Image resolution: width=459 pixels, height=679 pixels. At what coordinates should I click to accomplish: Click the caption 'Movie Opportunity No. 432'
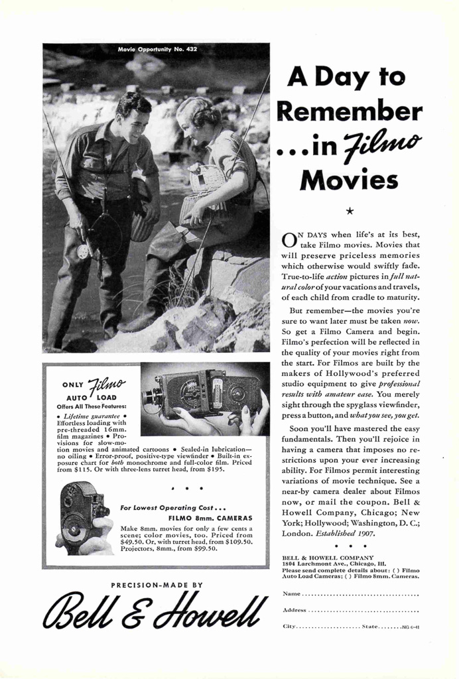(157, 50)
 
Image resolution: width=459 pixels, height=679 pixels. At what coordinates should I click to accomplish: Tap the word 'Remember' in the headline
(349, 111)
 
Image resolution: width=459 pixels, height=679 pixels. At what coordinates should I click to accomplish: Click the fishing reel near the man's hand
(84, 251)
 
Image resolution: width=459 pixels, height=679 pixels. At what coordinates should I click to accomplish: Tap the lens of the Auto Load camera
(151, 398)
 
